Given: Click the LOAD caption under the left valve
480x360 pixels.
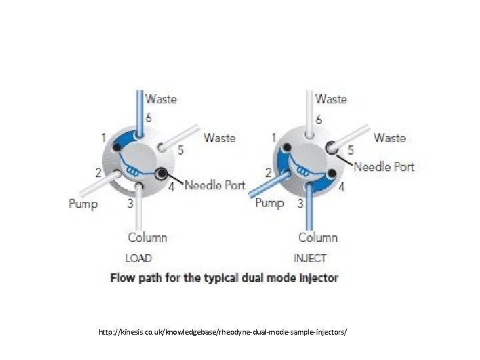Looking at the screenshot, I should [x=139, y=258].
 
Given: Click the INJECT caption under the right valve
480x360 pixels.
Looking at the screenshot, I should [x=310, y=258].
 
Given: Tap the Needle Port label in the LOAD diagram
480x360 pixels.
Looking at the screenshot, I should [x=215, y=185].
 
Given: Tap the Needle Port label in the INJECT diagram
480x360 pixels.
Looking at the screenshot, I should [x=384, y=167].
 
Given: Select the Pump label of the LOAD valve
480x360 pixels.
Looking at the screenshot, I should [x=83, y=203].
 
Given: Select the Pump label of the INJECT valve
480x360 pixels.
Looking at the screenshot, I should [x=269, y=202].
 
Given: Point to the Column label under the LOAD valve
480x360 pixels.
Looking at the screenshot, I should [x=147, y=237].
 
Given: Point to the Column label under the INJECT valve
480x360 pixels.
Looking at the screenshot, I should [x=318, y=237].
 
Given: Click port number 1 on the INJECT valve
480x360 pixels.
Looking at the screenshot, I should [x=274, y=137].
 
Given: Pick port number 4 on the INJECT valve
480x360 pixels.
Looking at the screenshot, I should [x=342, y=187].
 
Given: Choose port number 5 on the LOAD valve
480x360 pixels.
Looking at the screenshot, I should [x=181, y=150].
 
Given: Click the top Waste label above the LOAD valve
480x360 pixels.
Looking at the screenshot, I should [x=161, y=99].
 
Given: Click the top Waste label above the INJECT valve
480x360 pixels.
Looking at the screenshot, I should [x=331, y=99].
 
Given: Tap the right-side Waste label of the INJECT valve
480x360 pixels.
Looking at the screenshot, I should [x=389, y=138].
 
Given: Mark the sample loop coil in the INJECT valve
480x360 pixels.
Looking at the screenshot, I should [x=306, y=171].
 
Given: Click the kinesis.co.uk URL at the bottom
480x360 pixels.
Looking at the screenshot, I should [x=223, y=331].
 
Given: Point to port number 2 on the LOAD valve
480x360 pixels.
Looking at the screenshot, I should [x=98, y=173].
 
